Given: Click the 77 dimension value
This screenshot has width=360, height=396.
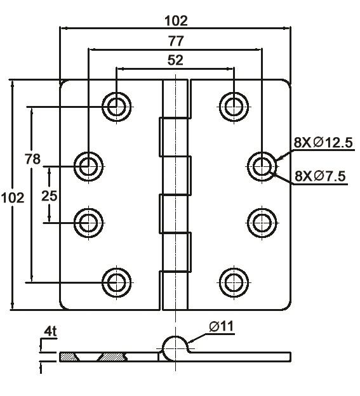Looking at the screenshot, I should pos(176,41).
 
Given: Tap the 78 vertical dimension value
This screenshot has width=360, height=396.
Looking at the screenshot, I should pos(32,159).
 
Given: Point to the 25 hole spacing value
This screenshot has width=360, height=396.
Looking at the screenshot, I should pos(49,195).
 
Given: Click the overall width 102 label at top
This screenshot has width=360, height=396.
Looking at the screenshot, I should pos(176,20).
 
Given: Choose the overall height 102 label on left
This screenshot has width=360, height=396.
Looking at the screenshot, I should pos(13,197).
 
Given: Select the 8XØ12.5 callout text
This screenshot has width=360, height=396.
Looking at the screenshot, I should pos(323,143).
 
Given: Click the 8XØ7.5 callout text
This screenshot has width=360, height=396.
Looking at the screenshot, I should pos(320,176).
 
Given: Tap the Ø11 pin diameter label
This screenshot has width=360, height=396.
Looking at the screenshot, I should pos(221,327).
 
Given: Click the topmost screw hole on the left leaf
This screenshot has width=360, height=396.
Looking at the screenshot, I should pos(117,106).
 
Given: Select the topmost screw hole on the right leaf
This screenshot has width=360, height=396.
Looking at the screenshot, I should pos(234,106).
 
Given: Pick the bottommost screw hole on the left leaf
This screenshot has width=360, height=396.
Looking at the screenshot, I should pos(117,281).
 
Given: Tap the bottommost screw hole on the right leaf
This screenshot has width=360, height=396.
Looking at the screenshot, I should pos(234,281).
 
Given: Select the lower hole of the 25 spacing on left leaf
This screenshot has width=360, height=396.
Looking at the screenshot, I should pos(89,222).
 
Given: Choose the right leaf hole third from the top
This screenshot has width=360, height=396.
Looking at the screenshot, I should pos(262,222).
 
